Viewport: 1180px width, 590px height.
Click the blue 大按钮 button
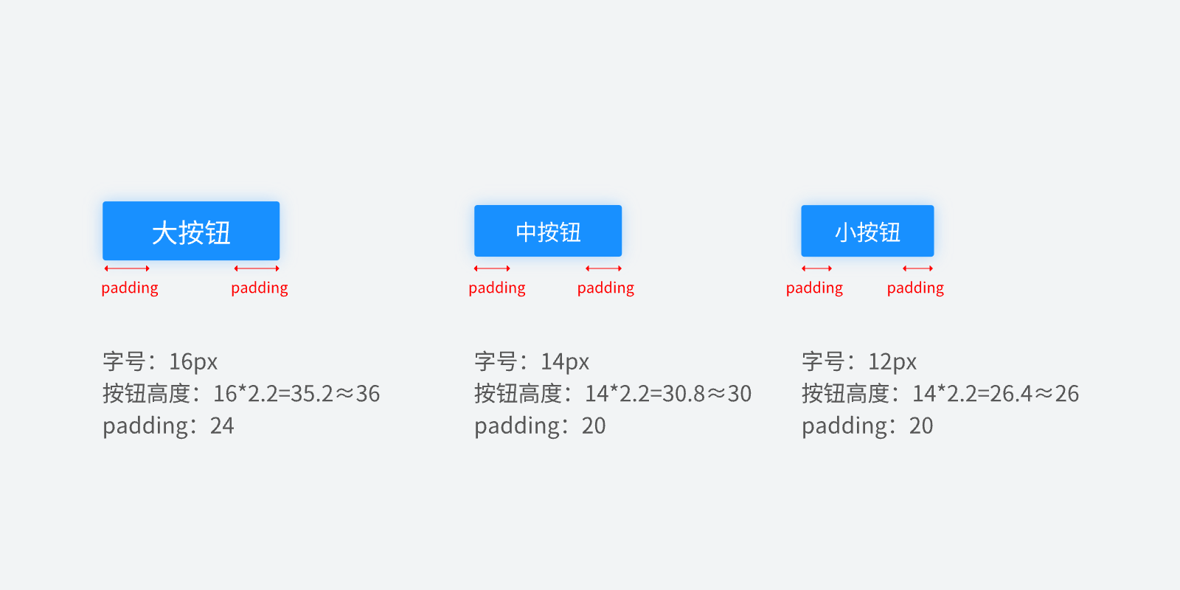coord(191,231)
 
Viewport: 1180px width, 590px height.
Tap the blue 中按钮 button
coord(548,231)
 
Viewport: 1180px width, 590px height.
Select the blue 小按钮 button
coord(867,231)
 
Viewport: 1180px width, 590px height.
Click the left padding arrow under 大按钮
coord(127,268)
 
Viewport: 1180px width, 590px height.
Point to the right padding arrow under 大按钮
coord(257,268)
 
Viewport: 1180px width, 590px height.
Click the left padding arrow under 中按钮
coord(492,268)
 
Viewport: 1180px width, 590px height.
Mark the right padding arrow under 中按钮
coord(604,268)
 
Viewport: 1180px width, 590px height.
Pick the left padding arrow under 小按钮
coord(817,268)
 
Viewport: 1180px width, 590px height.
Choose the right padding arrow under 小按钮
coord(918,268)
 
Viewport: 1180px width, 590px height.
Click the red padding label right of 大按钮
coord(259,288)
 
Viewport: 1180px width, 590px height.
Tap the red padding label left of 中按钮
coord(497,288)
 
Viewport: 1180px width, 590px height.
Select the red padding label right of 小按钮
coord(915,288)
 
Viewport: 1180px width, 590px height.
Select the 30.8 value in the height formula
coord(683,394)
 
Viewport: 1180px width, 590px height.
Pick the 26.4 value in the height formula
coord(1011,394)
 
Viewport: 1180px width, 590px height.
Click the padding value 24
coord(222,426)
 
